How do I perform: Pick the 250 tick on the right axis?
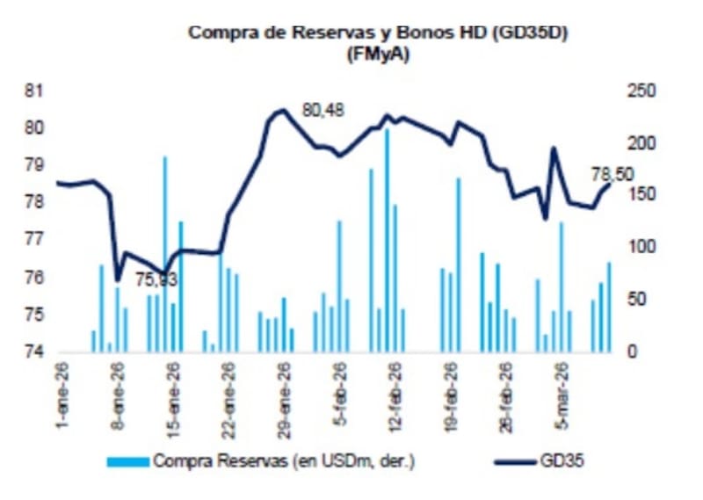640,91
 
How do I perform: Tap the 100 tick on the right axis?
640,247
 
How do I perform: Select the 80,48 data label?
324,111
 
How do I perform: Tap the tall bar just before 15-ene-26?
164,255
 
